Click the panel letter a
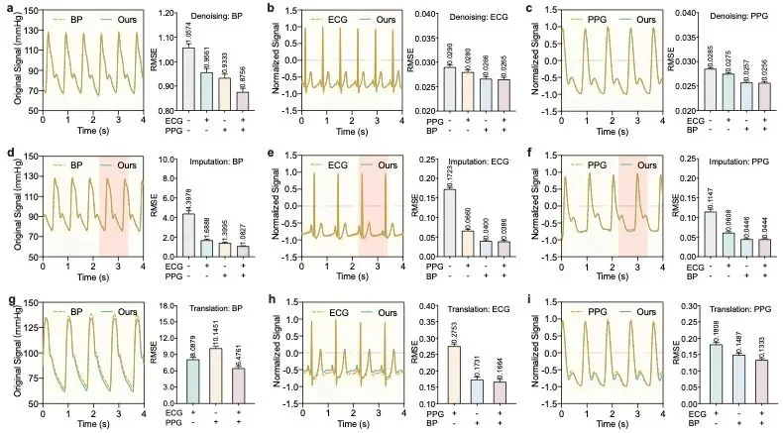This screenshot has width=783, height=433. [7, 8]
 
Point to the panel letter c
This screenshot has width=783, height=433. [532, 8]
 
